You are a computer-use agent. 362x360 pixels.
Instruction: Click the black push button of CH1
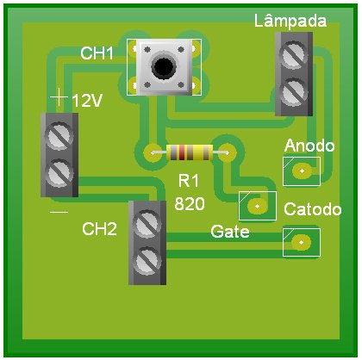[x=164, y=67]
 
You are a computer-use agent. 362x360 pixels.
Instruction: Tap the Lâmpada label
[x=290, y=21]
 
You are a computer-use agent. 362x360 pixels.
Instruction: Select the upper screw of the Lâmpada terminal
[x=293, y=55]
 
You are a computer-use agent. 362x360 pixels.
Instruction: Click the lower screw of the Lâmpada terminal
[x=293, y=92]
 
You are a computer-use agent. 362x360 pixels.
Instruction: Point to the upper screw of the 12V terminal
[x=59, y=136]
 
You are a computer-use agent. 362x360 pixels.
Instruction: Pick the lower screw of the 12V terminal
[x=59, y=173]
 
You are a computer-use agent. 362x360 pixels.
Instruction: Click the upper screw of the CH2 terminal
[x=147, y=224]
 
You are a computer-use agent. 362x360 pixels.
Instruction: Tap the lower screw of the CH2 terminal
[x=147, y=261]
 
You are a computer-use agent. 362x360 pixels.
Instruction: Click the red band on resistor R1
[x=182, y=152]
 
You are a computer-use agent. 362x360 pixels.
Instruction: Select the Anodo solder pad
[x=302, y=171]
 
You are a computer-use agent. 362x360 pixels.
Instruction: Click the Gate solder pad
[x=257, y=206]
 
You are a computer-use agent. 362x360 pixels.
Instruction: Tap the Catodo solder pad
[x=301, y=242]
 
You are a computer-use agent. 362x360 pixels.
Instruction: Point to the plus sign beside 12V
[x=59, y=97]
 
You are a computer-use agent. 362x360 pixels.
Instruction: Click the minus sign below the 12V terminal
[x=59, y=213]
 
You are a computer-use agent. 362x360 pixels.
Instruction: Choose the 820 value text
[x=190, y=204]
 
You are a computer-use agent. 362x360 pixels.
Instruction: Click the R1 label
[x=189, y=181]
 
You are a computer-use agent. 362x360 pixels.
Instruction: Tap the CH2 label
[x=99, y=229]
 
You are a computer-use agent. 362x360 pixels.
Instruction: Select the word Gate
[x=230, y=232]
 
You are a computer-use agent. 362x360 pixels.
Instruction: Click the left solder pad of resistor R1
[x=153, y=152]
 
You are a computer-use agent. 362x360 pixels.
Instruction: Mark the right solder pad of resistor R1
[x=227, y=152]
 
